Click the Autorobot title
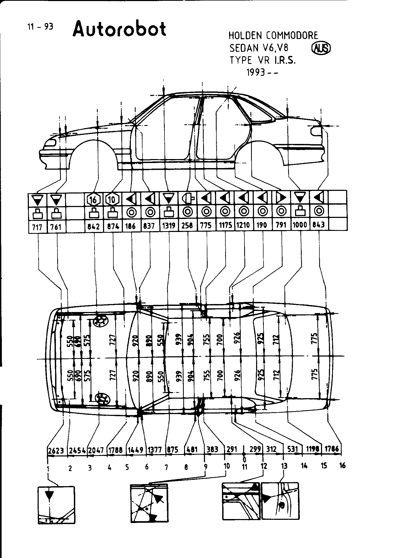tap(119, 29)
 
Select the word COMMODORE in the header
tap(292, 36)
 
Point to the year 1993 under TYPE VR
tap(256, 72)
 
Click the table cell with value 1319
tap(169, 226)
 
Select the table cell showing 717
tap(37, 227)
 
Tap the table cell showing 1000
tap(300, 225)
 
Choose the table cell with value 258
tap(188, 226)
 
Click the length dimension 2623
tap(56, 450)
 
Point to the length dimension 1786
tap(332, 449)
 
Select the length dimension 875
tap(173, 450)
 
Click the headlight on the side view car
tap(50, 143)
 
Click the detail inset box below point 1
tap(56, 505)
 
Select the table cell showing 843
tap(319, 225)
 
